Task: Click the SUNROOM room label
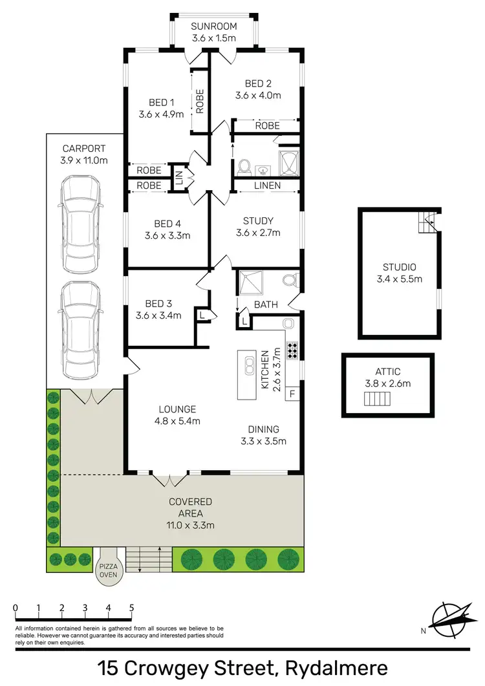[x=214, y=27]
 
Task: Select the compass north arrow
[x=449, y=619]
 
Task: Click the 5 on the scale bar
[x=131, y=608]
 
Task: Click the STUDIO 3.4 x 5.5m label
[x=398, y=273]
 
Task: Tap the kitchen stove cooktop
[x=292, y=350]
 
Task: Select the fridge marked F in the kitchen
[x=292, y=392]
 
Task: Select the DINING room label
[x=263, y=429]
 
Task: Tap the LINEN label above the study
[x=267, y=186]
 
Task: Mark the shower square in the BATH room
[x=249, y=283]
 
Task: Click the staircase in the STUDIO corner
[x=427, y=222]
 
